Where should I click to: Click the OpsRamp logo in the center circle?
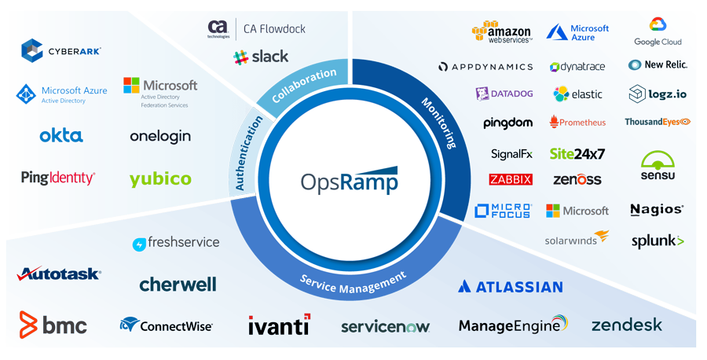[349, 181]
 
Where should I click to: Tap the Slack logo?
[261, 57]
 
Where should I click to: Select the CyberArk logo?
[60, 51]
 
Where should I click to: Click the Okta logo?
[60, 136]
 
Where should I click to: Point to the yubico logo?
[160, 179]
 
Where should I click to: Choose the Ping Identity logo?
[58, 178]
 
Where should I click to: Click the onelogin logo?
[160, 137]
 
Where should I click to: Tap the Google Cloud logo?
[658, 32]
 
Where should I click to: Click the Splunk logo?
[658, 241]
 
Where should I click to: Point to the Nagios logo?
[657, 210]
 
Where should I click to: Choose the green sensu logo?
[658, 166]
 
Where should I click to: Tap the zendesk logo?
[626, 325]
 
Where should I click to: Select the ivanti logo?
[279, 325]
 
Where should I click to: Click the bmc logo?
[53, 325]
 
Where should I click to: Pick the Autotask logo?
[59, 274]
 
